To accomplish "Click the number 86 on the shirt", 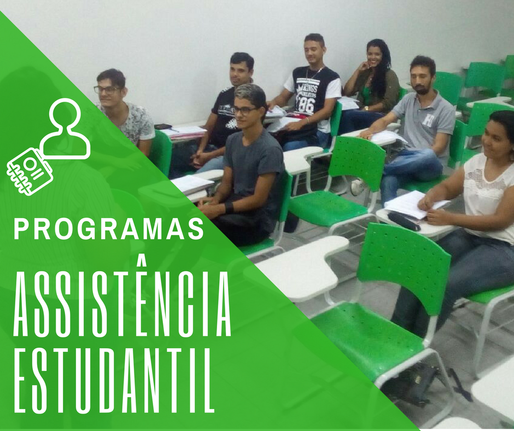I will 306,104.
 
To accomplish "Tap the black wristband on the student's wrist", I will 229,207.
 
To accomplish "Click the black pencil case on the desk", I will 404,221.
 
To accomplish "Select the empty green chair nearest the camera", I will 383,306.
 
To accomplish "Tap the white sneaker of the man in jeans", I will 358,187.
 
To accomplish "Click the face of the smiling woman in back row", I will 375,56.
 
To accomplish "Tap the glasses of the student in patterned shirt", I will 106,89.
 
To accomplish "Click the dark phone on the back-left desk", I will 162,127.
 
